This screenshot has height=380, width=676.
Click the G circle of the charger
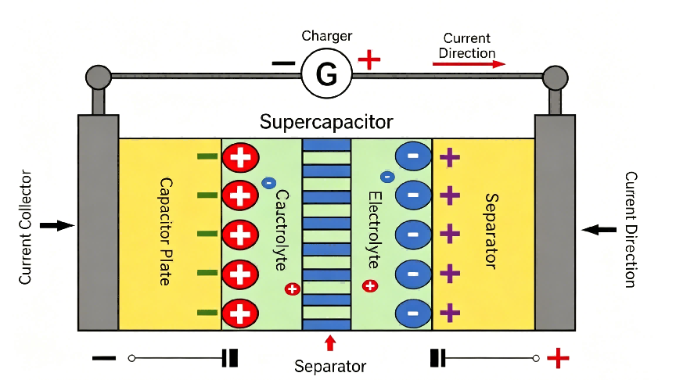tap(326, 73)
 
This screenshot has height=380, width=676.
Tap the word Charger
tap(327, 36)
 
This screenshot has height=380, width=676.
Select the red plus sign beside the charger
tap(369, 59)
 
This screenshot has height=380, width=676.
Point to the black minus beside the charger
tap(283, 63)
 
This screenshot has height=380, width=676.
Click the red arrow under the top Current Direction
tap(469, 64)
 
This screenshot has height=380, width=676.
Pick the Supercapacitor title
tap(326, 122)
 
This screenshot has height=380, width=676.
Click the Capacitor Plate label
tap(166, 231)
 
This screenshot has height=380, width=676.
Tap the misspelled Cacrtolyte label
tap(281, 230)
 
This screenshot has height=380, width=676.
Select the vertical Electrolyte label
tap(374, 230)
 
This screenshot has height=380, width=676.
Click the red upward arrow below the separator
tap(330, 343)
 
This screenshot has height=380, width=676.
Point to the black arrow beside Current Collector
tap(57, 225)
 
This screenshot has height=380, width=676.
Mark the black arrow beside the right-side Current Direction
tap(599, 230)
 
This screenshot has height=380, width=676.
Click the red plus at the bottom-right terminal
tap(558, 358)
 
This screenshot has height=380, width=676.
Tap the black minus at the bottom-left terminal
tap(104, 358)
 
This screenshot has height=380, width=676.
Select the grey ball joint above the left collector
tap(99, 77)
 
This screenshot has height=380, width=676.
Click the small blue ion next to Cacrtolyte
tap(268, 183)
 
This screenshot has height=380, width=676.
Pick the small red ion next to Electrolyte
tap(370, 285)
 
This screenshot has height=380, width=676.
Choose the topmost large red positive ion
tap(240, 157)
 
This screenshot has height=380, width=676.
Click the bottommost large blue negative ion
tap(413, 314)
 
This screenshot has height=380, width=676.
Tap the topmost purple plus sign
tap(450, 157)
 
